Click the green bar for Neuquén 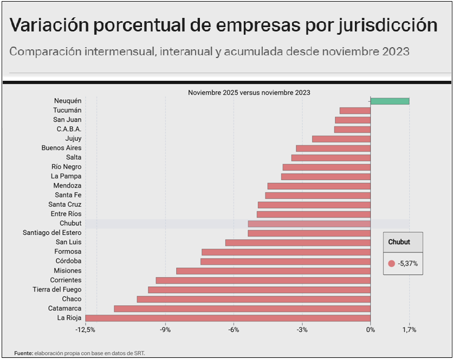(390, 101)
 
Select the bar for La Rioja (228, 318)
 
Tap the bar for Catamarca (242, 308)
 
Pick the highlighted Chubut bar (309, 223)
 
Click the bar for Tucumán (355, 111)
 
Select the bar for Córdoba (285, 261)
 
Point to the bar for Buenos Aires (333, 148)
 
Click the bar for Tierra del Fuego (259, 290)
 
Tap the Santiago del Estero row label (52, 233)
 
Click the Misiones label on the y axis (67, 271)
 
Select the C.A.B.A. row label (69, 129)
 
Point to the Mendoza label (67, 185)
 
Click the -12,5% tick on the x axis (86, 330)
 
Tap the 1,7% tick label (409, 330)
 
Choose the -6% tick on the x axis (234, 330)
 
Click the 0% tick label (371, 330)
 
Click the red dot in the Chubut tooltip (392, 263)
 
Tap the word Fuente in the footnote (23, 353)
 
